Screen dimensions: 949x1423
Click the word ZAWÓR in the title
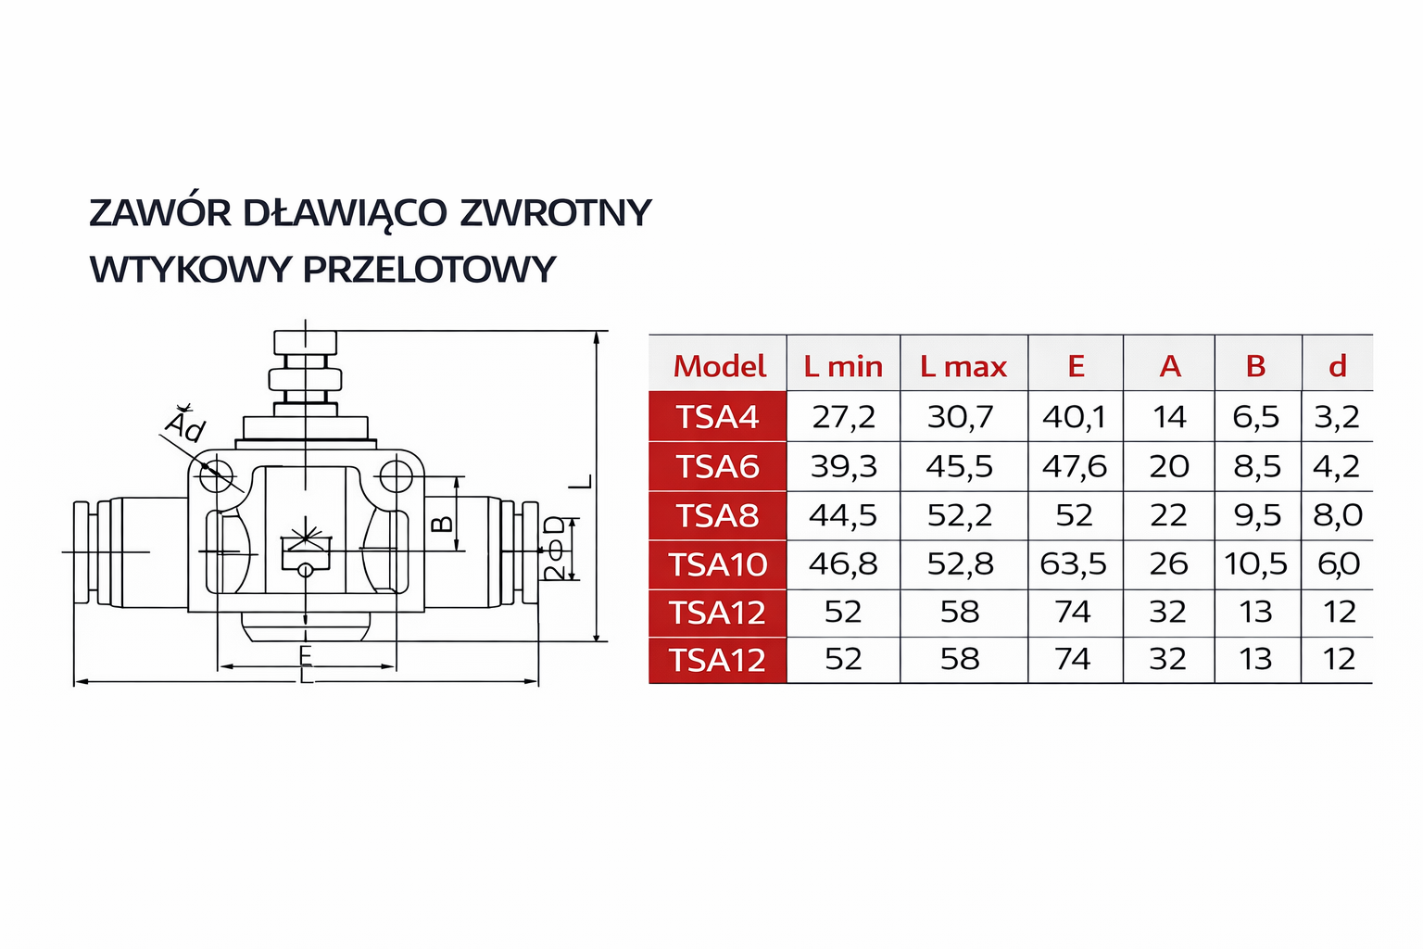159,213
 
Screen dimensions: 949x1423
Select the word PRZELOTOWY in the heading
429,270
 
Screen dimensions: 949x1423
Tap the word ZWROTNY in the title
556,213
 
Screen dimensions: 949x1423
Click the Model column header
719,366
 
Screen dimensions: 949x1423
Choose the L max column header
963,366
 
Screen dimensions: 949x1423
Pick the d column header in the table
1337,366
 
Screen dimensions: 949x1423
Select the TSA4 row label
718,417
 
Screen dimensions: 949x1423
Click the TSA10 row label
718,564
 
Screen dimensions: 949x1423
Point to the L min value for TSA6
843,466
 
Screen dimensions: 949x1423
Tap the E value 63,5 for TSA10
1074,563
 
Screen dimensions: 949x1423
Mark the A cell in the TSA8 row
1168,515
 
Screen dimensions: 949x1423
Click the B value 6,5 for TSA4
1255,417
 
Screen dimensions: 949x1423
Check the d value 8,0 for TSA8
1337,515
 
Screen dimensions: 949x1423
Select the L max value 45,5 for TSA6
960,466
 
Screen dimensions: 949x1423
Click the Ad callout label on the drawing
185,425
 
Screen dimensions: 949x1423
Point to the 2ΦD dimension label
554,549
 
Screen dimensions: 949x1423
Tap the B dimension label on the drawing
442,524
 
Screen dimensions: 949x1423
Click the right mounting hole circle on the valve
396,477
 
